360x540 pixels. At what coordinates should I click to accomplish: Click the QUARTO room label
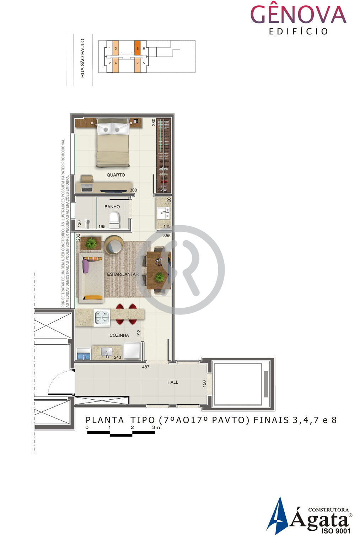click(x=116, y=175)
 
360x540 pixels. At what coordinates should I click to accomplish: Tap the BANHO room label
click(x=112, y=206)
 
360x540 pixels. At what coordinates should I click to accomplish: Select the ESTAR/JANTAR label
click(x=123, y=274)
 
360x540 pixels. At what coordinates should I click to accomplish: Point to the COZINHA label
click(x=119, y=335)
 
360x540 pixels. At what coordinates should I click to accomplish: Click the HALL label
click(x=173, y=382)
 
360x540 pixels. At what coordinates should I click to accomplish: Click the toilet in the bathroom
click(x=114, y=220)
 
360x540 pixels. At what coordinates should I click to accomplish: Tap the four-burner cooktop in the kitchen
click(x=102, y=317)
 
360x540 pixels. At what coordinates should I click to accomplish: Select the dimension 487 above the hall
click(x=146, y=367)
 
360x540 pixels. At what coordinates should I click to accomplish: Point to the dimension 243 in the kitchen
click(x=117, y=357)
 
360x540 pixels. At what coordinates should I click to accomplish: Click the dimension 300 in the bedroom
click(x=133, y=190)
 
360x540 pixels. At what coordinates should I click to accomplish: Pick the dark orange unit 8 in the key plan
click(x=138, y=48)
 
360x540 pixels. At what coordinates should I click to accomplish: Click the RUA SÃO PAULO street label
click(x=82, y=58)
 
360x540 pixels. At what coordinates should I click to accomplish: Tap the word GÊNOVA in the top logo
click(x=298, y=15)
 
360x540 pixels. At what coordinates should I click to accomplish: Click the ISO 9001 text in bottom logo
click(x=335, y=531)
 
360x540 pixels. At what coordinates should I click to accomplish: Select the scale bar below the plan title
click(x=121, y=432)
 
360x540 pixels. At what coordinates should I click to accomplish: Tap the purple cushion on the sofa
click(x=86, y=265)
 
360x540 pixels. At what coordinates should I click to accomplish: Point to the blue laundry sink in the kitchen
click(x=84, y=354)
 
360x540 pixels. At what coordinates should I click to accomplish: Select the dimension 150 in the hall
click(x=204, y=384)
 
